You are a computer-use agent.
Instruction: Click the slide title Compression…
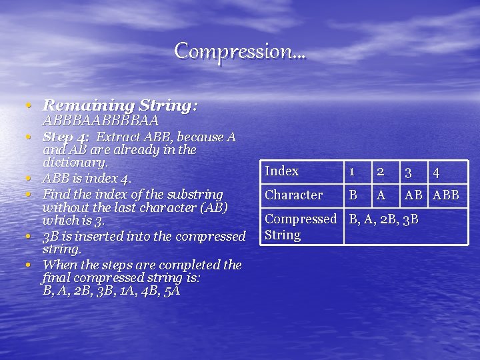[240, 51]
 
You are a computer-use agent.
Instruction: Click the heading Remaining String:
[120, 105]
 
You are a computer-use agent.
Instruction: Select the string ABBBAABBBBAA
[101, 121]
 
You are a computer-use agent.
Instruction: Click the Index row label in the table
[282, 171]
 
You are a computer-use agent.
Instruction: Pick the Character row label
[293, 195]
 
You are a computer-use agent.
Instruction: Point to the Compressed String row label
[301, 227]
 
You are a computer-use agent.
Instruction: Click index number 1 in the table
[353, 172]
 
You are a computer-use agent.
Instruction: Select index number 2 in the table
[381, 171]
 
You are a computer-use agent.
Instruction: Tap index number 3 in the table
[409, 172]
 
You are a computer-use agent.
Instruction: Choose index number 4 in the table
[436, 172]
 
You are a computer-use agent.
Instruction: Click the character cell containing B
[353, 195]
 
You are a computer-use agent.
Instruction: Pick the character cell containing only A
[381, 195]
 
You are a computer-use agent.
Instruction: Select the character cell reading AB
[413, 195]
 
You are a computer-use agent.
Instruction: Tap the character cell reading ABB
[446, 195]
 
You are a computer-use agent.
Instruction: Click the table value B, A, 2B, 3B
[384, 219]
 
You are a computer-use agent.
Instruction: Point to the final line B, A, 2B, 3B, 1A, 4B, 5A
[111, 291]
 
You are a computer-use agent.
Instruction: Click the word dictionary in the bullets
[75, 163]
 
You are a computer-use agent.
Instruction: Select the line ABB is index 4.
[87, 178]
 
